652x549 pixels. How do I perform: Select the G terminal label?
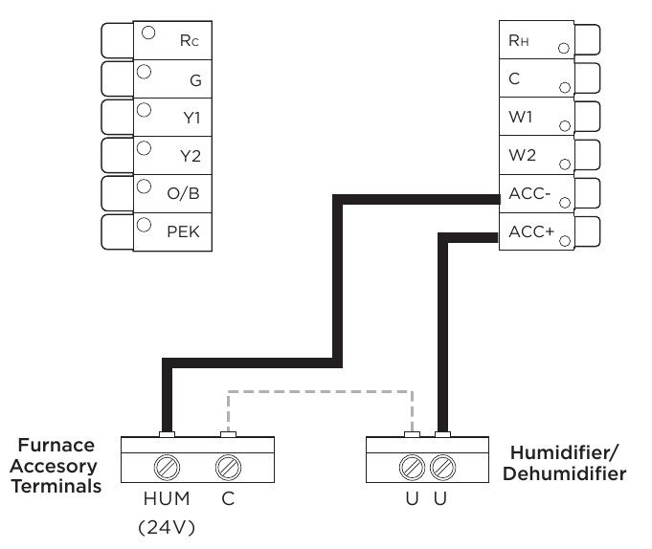pyautogui.click(x=194, y=80)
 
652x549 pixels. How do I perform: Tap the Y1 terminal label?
pyautogui.click(x=191, y=119)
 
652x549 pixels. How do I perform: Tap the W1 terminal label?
pyautogui.click(x=521, y=118)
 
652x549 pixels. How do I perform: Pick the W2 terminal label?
pyautogui.click(x=522, y=156)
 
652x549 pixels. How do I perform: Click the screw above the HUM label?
pyautogui.click(x=167, y=469)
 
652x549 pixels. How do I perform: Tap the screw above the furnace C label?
pyautogui.click(x=228, y=469)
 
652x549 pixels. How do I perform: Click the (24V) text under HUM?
pyautogui.click(x=168, y=526)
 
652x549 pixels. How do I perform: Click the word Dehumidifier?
pyautogui.click(x=569, y=473)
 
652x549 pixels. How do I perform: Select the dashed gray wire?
pyautogui.click(x=321, y=392)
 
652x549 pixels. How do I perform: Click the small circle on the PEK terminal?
pyautogui.click(x=145, y=225)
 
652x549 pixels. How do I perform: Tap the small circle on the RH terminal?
pyautogui.click(x=564, y=47)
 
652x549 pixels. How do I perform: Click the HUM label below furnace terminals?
pyautogui.click(x=168, y=499)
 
